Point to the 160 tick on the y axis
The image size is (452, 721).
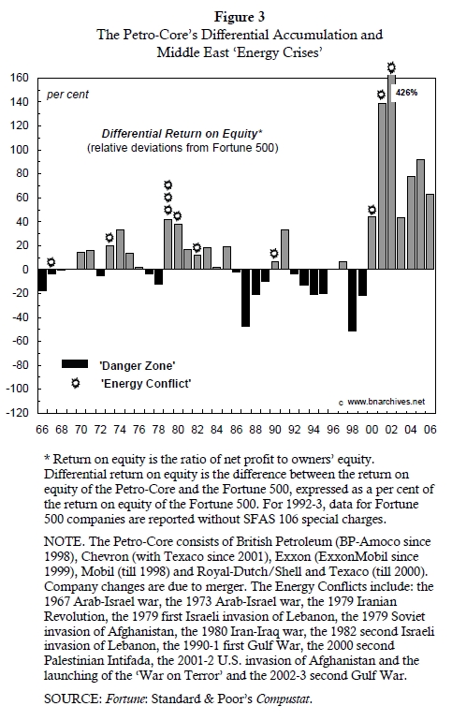[x=20, y=78]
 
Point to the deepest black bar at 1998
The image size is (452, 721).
[x=353, y=300]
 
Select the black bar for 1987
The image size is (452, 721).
[x=245, y=297]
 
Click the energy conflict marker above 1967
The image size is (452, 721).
[x=51, y=262]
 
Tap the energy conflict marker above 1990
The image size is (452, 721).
[x=274, y=253]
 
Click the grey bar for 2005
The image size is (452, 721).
[x=420, y=214]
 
